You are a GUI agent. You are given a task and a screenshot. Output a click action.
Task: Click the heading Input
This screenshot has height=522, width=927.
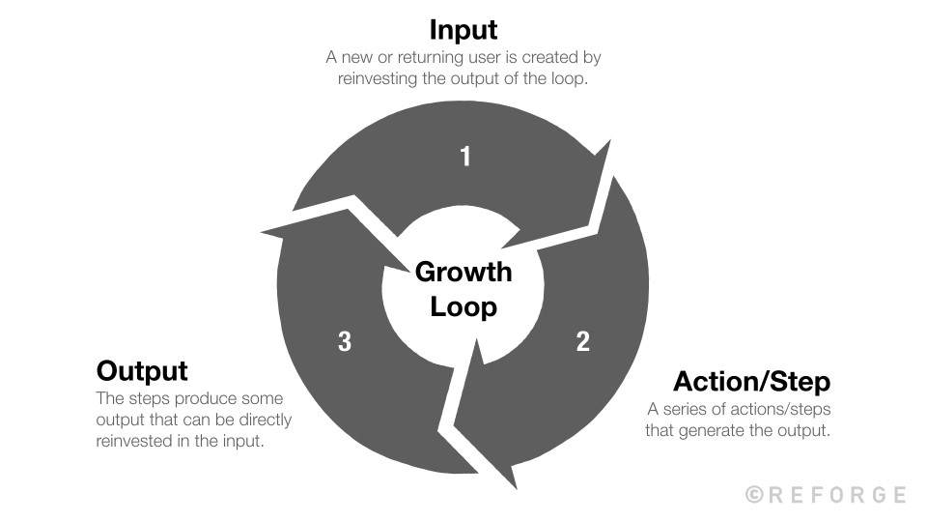463,30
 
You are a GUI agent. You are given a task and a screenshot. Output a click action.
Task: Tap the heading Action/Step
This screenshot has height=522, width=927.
751,380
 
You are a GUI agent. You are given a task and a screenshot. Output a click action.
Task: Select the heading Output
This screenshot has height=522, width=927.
142,370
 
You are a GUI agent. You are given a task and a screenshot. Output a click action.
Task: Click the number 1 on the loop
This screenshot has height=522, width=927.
465,156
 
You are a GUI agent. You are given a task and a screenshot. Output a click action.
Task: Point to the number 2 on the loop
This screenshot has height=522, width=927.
582,341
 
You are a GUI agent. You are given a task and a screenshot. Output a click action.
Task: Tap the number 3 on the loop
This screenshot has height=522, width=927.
345,341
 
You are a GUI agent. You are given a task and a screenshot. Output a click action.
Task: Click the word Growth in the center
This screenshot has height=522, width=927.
463,273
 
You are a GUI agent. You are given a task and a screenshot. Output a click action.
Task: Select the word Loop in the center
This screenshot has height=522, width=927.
463,307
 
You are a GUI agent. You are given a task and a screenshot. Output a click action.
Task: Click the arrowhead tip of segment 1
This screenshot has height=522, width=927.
611,141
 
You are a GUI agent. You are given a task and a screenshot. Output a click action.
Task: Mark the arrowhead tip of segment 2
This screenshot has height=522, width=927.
511,487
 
